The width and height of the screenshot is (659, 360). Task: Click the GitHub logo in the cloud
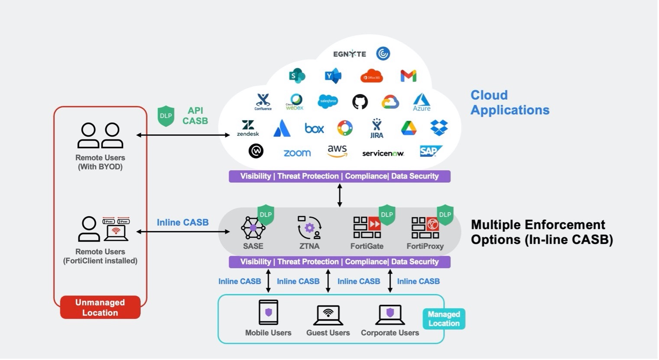pos(360,102)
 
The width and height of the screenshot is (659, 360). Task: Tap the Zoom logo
pos(297,153)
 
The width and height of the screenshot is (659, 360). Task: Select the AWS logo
pos(337,151)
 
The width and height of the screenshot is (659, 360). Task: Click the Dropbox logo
pos(439,127)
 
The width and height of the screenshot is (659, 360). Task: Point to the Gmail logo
pos(408,76)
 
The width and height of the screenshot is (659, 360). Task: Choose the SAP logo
pos(431,151)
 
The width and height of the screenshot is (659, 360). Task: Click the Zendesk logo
pos(248,128)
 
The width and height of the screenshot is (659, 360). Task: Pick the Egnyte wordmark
pos(349,54)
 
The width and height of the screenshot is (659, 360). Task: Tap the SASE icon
pos(253,228)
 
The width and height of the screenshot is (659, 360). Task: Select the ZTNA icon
pos(309,227)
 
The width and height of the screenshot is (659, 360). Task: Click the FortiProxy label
pos(425,246)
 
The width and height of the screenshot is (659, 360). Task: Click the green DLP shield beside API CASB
pos(166,116)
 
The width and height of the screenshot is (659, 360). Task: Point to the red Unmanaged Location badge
pos(100,308)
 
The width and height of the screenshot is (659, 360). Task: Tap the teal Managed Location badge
pos(444,319)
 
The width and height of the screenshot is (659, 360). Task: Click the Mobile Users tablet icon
pos(268,312)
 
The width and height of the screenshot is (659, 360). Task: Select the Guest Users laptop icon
pos(328,315)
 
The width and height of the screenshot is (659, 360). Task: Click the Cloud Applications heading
pos(510,103)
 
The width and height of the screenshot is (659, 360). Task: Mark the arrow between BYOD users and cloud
pos(183,135)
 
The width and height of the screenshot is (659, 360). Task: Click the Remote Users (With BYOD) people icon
pos(100,136)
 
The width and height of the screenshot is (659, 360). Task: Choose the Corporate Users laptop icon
pos(390,315)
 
